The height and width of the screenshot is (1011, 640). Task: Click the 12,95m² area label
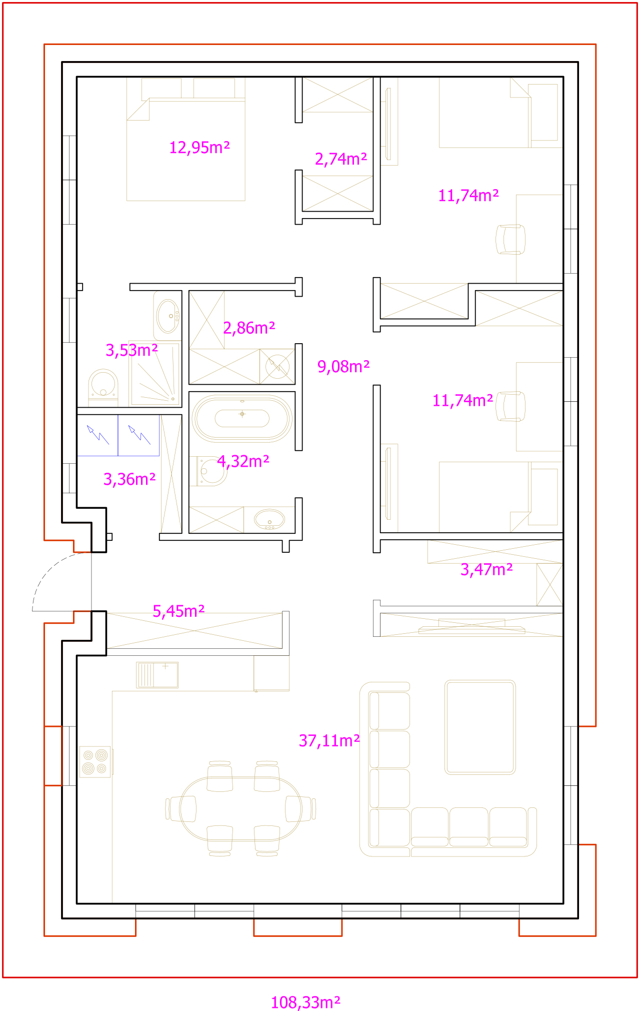click(199, 148)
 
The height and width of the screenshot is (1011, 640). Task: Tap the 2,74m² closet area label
click(341, 159)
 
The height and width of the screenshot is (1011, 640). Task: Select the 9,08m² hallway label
click(343, 367)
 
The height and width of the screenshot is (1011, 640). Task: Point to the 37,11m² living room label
click(329, 741)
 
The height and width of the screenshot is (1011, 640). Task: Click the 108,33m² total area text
click(305, 1002)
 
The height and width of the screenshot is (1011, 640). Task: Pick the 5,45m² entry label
click(178, 611)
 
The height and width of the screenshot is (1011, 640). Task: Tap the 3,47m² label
click(486, 570)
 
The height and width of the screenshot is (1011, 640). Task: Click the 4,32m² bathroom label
click(243, 461)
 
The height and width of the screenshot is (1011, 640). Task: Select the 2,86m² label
click(249, 328)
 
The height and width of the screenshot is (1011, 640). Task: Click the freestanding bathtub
click(242, 419)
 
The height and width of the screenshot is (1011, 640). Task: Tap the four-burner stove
click(95, 762)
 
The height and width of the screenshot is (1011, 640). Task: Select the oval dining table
click(240, 808)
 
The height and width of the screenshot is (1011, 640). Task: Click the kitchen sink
click(157, 675)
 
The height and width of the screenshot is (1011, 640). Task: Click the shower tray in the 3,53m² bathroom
click(154, 373)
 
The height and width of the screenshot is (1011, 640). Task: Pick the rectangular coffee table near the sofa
click(480, 727)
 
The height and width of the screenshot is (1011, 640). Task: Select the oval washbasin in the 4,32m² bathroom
click(269, 520)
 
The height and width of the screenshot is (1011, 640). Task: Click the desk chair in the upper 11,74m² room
click(510, 239)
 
